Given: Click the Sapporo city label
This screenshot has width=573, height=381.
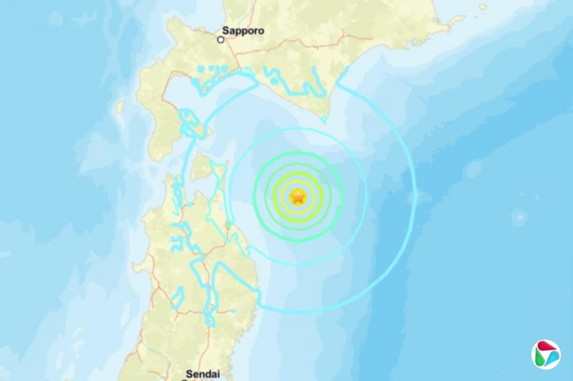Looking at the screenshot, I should coord(244,32).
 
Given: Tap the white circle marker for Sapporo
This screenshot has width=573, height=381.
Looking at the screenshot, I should coord(221,40).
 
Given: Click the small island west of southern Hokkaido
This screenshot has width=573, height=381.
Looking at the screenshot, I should coord(120,107).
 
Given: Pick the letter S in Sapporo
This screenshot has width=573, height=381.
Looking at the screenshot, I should coord(226,32).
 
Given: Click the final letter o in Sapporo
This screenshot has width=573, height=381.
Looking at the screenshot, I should coord(261,32).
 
